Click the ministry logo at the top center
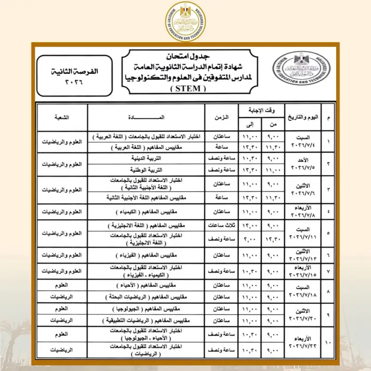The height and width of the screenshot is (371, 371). [x=185, y=21]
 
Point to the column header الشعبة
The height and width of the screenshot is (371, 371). [x=63, y=118]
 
